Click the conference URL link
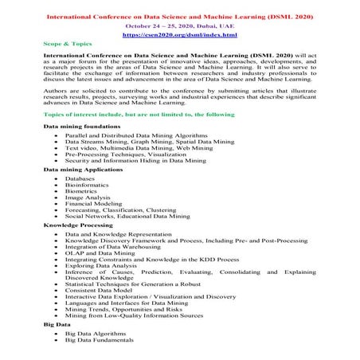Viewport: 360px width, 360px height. click(x=178, y=35)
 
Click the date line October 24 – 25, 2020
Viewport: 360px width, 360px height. click(x=178, y=25)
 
